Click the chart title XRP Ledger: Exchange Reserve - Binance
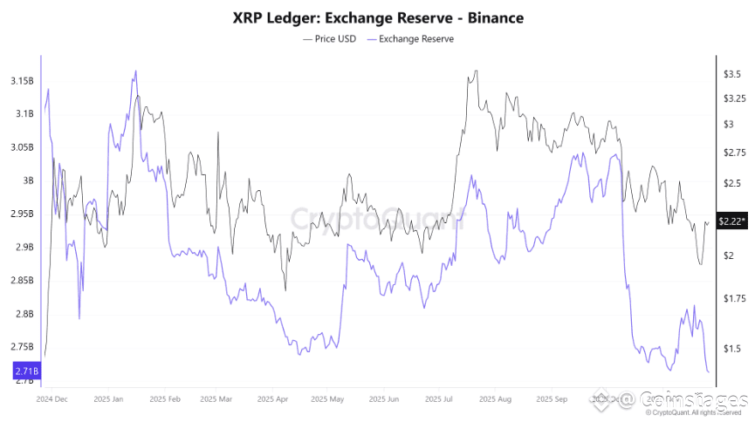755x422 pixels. [x=377, y=17]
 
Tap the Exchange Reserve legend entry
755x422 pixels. [x=409, y=38]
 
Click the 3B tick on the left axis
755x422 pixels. [x=28, y=181]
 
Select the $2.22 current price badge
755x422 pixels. [x=730, y=221]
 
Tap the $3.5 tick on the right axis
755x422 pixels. [x=731, y=75]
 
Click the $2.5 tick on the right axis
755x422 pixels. [x=731, y=183]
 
